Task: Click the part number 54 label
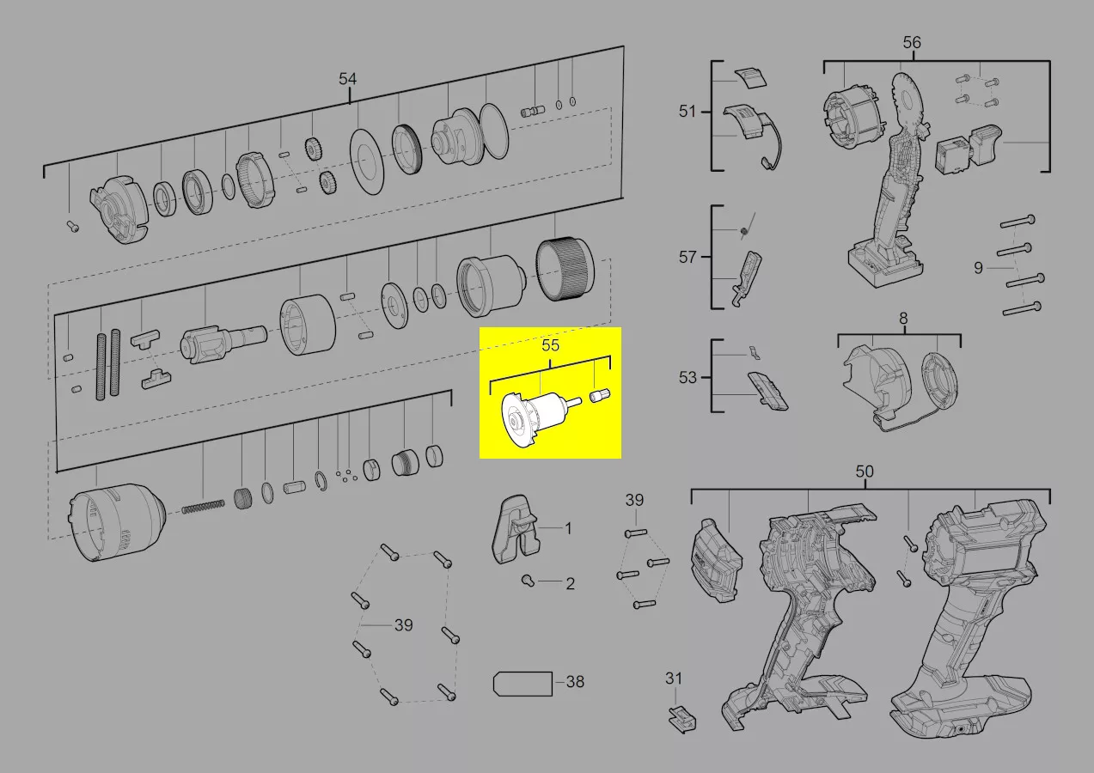pos(347,79)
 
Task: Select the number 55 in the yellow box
pos(550,345)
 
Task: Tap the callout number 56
pos(912,42)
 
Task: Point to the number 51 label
pos(688,112)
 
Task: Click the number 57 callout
pos(688,257)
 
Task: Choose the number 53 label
pos(688,377)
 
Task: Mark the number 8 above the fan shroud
pos(903,319)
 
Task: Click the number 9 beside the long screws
pos(978,268)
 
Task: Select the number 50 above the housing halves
pos(865,472)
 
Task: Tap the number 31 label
pos(674,679)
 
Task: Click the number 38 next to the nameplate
pos(575,682)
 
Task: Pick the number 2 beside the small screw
pos(570,584)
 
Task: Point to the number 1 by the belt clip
pos(568,528)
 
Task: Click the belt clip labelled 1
pos(514,529)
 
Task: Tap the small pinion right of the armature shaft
pos(601,395)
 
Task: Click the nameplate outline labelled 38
pos(523,684)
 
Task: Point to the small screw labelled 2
pos(528,581)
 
